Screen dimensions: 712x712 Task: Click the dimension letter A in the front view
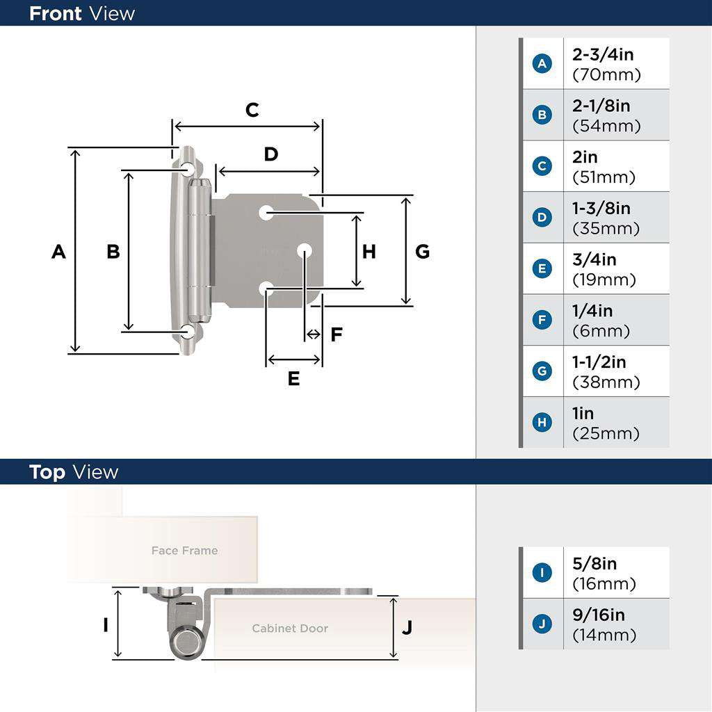pyautogui.click(x=58, y=252)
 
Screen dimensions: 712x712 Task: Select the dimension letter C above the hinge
pyautogui.click(x=252, y=110)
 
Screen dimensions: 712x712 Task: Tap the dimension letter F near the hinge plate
pyautogui.click(x=337, y=335)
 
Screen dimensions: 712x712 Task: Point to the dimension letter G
pyautogui.click(x=423, y=252)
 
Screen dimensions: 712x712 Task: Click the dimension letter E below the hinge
pyautogui.click(x=293, y=379)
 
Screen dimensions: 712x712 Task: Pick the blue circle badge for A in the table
pyautogui.click(x=542, y=64)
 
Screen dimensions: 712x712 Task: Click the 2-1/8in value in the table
pyautogui.click(x=601, y=106)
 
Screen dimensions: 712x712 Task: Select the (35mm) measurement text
pyautogui.click(x=606, y=229)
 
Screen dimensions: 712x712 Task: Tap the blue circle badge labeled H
pyautogui.click(x=542, y=422)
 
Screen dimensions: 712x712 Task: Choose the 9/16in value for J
pyautogui.click(x=599, y=615)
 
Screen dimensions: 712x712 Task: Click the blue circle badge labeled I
pyautogui.click(x=542, y=573)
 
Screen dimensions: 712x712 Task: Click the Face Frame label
pyautogui.click(x=184, y=551)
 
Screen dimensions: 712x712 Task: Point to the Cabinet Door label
pyautogui.click(x=290, y=629)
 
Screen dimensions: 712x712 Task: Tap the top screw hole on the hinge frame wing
pyautogui.click(x=188, y=169)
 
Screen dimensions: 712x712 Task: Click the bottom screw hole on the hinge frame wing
pyautogui.click(x=188, y=332)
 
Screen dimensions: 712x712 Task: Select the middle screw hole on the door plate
pyautogui.click(x=304, y=250)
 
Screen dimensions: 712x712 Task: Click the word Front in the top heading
pyautogui.click(x=55, y=13)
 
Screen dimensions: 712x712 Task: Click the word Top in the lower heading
pyautogui.click(x=47, y=473)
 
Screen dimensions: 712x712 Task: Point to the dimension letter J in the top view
pyautogui.click(x=407, y=627)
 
